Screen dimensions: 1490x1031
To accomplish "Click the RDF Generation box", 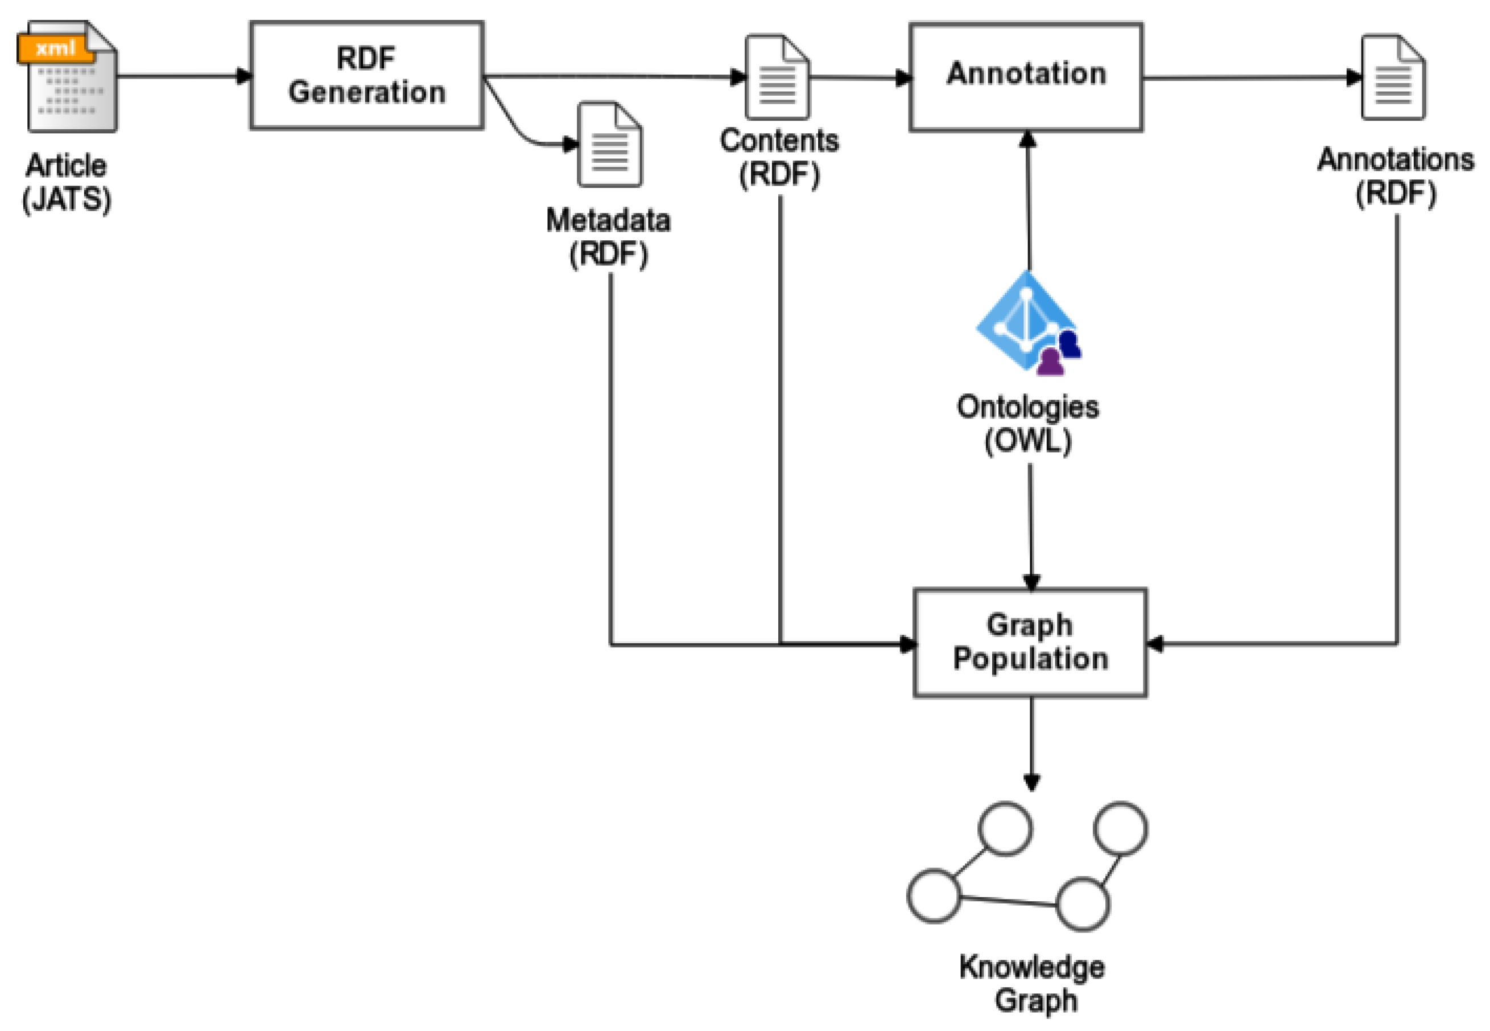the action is [367, 76].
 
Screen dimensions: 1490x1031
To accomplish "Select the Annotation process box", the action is [1026, 77].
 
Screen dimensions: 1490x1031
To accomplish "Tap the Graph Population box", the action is [1030, 642].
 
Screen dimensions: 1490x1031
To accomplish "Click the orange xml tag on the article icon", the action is [56, 48].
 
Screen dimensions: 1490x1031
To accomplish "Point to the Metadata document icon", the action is [609, 144].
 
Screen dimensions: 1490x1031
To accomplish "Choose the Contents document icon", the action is [777, 77].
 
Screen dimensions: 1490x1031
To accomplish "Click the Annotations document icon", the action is [1393, 77].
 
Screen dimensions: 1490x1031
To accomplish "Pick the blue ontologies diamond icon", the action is [1026, 321].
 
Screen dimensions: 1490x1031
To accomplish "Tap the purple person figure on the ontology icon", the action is [1050, 361].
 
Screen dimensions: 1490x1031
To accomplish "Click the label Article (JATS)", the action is [67, 182].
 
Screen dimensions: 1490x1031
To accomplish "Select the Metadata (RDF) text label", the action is [608, 236].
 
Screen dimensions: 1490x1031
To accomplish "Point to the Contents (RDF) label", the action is [779, 157].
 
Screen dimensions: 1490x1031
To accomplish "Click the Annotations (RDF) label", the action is [1396, 176].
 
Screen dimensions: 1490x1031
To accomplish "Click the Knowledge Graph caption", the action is [1032, 983].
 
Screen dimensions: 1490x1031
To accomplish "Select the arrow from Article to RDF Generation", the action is [183, 76].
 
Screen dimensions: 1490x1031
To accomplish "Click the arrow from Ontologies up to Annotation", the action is [1029, 201].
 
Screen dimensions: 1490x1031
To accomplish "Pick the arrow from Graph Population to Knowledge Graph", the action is [1031, 744].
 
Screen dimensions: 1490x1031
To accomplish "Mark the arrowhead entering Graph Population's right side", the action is [1155, 643].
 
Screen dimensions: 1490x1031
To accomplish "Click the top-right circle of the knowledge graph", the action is [1120, 828].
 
